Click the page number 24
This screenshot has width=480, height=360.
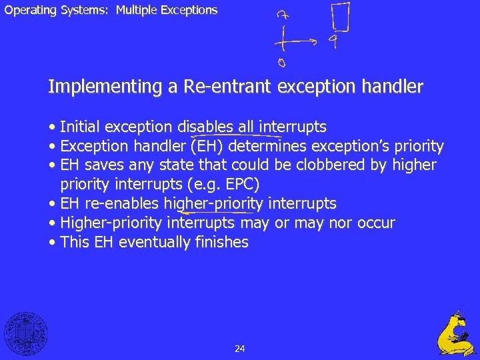point(240,349)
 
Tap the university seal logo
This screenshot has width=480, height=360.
point(26,334)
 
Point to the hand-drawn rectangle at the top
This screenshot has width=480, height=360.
point(340,17)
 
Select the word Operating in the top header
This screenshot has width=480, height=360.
point(27,10)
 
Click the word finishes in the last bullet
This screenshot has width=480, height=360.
point(222,243)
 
